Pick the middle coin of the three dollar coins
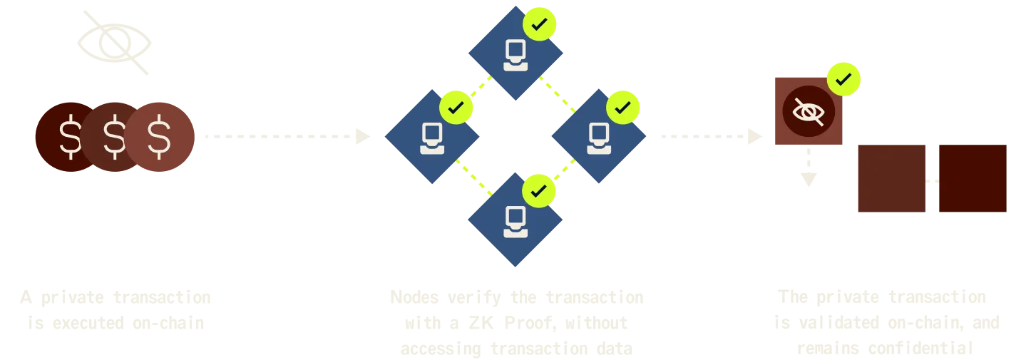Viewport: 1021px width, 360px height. (x=114, y=138)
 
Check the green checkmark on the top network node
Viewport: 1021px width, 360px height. (x=540, y=24)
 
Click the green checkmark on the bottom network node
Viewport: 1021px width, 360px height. (x=539, y=190)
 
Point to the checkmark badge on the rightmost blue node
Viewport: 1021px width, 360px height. (x=622, y=108)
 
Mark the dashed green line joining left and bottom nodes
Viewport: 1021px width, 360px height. (x=473, y=179)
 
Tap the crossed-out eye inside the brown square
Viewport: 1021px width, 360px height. (x=808, y=111)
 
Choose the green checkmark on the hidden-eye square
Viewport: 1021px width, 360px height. (x=843, y=79)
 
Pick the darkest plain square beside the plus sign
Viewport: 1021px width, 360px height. (x=973, y=179)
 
